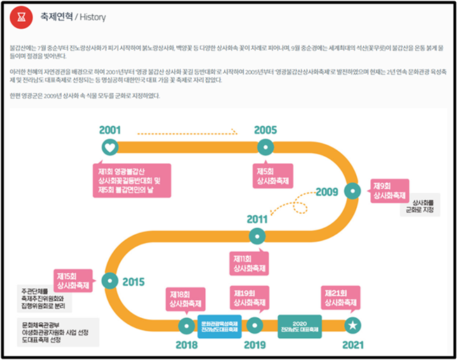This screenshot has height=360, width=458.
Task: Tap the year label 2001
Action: pos(110,130)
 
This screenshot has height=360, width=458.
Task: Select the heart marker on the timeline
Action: pos(110,147)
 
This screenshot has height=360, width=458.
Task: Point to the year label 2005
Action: pos(266,130)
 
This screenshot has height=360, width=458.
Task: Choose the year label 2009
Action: pos(327,192)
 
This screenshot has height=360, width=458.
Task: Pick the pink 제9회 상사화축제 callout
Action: pos(389,190)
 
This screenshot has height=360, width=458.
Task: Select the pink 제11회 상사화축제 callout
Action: pos(249,264)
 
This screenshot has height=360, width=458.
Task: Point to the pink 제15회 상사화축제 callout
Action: pos(73,280)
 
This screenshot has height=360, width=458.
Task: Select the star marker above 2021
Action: pos(353,325)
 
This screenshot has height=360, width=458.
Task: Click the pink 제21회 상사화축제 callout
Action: pos(341,300)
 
